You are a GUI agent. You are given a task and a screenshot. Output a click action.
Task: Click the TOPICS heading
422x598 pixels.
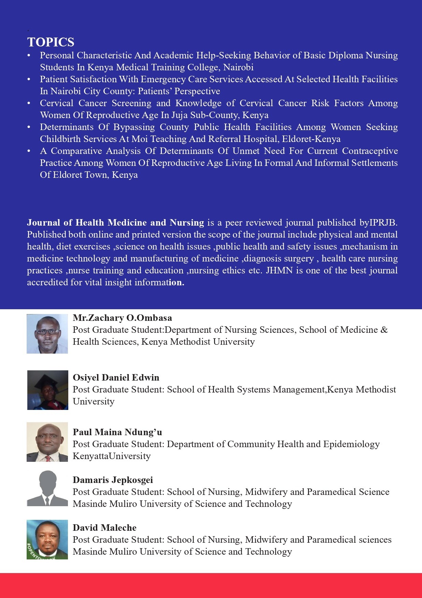(51, 42)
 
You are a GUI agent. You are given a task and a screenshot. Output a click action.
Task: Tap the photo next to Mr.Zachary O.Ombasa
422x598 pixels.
(47, 334)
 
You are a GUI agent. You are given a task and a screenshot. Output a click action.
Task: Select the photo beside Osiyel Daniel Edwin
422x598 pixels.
(47, 390)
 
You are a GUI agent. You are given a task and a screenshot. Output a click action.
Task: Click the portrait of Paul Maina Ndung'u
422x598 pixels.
(47, 442)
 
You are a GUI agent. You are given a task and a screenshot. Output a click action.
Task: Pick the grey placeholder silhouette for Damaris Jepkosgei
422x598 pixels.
(47, 488)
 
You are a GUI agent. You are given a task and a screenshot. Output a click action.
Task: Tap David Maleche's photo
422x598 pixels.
(47, 540)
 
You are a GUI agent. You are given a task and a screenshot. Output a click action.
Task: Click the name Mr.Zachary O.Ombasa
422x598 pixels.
(122, 318)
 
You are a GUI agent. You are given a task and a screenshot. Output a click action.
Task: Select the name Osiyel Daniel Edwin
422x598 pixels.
(116, 378)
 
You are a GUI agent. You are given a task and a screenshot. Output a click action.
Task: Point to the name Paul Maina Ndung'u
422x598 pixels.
(117, 432)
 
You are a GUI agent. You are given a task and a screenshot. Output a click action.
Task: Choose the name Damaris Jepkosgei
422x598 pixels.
(113, 480)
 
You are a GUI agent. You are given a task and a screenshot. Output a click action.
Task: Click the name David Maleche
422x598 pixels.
(104, 528)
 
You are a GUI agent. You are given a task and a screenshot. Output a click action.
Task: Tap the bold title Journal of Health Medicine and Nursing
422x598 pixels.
(115, 223)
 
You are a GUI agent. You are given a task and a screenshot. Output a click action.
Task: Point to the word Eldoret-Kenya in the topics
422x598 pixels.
(311, 139)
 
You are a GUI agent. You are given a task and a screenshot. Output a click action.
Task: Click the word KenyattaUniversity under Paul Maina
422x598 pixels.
(112, 456)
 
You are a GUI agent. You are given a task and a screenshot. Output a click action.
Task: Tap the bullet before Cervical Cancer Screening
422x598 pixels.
(29, 103)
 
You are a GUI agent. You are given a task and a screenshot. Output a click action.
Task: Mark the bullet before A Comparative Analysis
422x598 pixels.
(29, 151)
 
